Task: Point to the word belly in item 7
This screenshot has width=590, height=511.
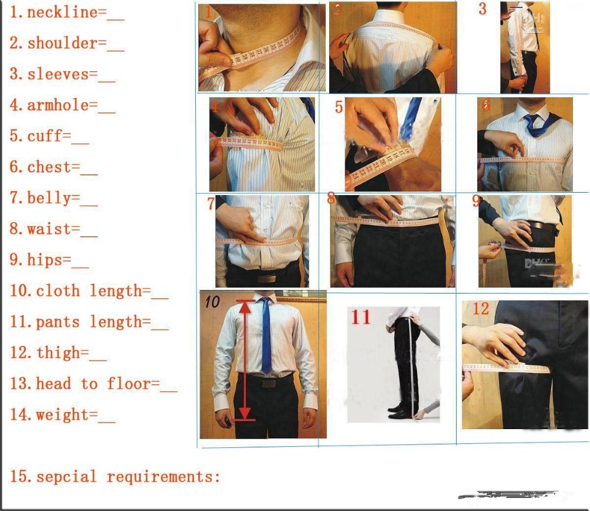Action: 49,198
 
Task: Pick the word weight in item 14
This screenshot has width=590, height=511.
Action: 62,415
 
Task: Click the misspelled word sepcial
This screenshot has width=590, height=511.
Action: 66,476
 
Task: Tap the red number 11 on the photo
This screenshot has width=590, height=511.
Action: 360,317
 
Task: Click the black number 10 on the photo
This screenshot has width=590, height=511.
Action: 212,302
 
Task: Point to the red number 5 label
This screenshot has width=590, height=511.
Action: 339,107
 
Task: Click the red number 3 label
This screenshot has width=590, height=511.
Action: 483,9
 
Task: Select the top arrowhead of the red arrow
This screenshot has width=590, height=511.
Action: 245,306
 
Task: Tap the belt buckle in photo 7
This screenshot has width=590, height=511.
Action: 268,278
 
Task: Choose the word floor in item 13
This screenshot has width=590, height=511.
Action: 129,384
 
